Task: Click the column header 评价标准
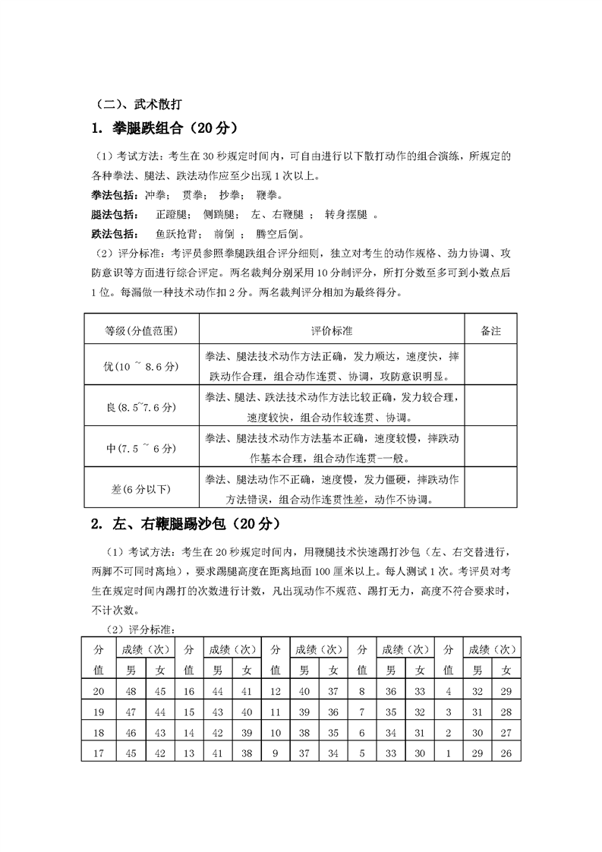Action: (331, 331)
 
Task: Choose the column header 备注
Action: (491, 331)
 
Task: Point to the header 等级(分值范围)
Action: (140, 331)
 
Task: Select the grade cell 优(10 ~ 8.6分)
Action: (140, 367)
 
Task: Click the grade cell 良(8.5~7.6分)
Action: (140, 408)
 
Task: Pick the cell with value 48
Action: (131, 691)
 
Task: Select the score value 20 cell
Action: (98, 691)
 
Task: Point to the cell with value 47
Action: (131, 712)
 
